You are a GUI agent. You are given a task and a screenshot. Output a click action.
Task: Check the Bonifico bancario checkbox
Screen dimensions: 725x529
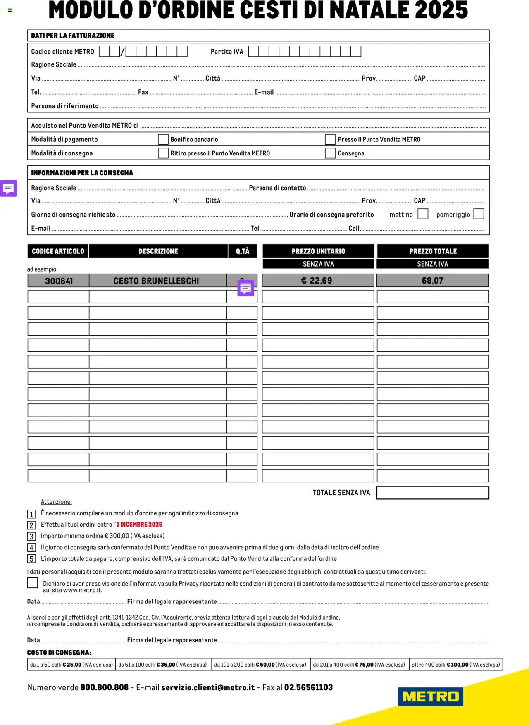click(x=163, y=139)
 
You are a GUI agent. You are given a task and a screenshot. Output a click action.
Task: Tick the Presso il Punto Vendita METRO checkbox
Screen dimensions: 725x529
click(x=330, y=139)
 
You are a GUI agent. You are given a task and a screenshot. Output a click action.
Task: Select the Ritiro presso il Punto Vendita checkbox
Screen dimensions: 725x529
click(x=163, y=153)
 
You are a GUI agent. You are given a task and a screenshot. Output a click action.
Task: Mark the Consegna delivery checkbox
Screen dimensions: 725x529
click(x=330, y=153)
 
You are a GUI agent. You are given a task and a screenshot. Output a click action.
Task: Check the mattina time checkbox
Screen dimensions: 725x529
click(x=423, y=214)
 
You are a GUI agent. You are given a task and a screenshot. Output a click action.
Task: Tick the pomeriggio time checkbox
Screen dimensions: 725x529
click(x=479, y=214)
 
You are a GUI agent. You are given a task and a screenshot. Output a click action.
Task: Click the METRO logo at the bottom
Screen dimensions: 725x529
click(x=430, y=696)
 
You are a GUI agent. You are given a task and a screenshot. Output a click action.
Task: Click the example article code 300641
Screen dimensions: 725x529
click(x=59, y=281)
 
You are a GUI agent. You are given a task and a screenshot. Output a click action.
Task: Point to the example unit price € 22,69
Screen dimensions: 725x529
click(x=317, y=281)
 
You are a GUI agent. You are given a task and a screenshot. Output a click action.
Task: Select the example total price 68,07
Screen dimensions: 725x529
click(x=432, y=281)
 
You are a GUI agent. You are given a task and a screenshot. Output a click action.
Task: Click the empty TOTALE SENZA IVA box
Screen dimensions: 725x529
click(x=432, y=493)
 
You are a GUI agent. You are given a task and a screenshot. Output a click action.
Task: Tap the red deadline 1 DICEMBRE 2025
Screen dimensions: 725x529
click(x=139, y=525)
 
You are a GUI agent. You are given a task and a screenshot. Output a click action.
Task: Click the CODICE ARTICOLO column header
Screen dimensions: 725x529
click(x=58, y=251)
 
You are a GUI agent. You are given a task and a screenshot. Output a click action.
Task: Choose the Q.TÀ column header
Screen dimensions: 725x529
click(x=243, y=251)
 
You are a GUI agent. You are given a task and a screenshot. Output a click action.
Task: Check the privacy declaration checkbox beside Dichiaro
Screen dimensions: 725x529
click(x=33, y=583)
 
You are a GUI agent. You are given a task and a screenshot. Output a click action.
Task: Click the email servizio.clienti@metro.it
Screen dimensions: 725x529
click(x=208, y=687)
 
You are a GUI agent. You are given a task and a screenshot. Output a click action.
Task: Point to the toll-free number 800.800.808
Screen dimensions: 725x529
click(x=105, y=687)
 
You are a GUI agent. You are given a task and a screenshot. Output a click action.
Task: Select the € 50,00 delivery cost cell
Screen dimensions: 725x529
click(x=260, y=665)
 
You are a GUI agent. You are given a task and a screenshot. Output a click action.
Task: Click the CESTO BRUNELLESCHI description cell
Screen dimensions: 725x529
click(x=156, y=281)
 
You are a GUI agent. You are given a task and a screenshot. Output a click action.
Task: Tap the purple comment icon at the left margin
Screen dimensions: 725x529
click(x=8, y=188)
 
